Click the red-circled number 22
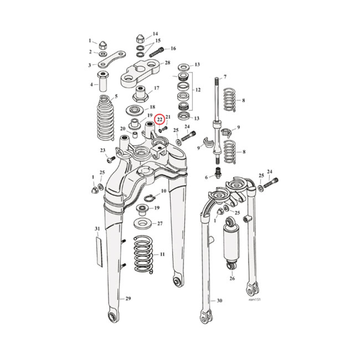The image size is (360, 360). [x=159, y=119]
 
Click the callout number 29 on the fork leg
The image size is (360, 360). [x=128, y=298]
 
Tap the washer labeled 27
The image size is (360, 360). [x=144, y=223]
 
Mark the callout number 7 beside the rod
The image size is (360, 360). [x=225, y=77]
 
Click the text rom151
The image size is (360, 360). [x=254, y=299]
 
